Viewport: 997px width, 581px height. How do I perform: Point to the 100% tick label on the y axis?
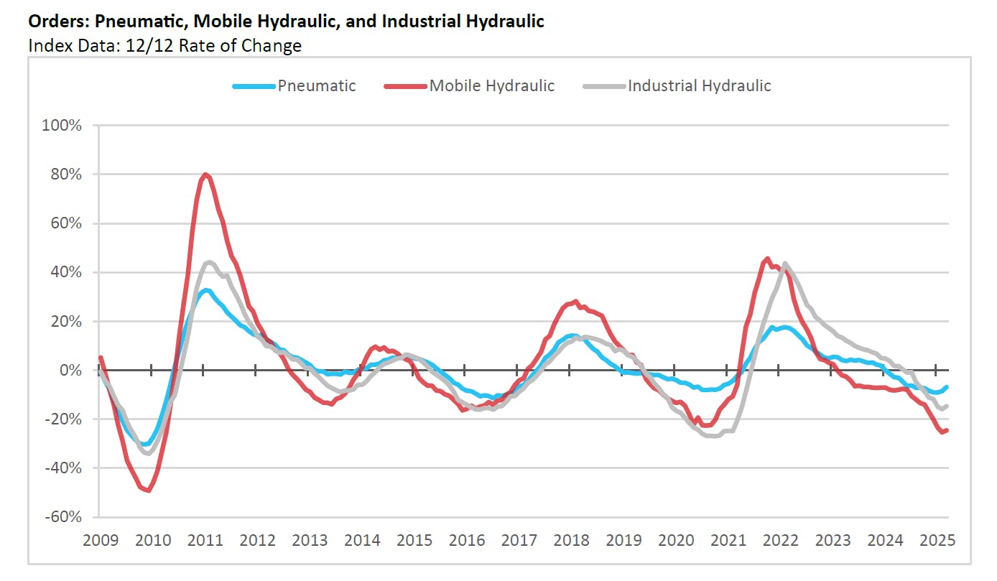point(64,126)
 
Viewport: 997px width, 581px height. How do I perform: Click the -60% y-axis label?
point(64,517)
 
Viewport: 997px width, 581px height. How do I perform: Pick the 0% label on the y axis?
point(71,371)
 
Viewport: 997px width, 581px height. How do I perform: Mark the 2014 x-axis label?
point(361,539)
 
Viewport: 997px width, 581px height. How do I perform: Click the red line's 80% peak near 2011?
point(205,175)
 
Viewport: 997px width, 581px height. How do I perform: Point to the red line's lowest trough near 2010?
point(148,491)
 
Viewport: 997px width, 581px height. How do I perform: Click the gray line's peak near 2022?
point(784,264)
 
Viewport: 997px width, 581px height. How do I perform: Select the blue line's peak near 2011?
point(205,290)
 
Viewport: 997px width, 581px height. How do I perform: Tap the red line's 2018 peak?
point(575,302)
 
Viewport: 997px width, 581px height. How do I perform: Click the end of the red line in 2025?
point(947,430)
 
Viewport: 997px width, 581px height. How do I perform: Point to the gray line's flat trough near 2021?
point(712,435)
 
